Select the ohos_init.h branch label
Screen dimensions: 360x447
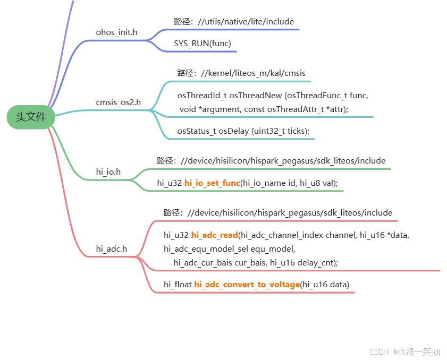[x=116, y=32]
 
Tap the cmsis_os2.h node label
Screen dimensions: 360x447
[x=118, y=102]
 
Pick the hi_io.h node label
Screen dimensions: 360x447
[x=108, y=171]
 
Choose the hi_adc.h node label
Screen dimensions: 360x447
[x=111, y=248]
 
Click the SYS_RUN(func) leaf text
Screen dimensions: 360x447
[x=203, y=43]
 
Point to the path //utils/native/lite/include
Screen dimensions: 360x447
[x=246, y=22]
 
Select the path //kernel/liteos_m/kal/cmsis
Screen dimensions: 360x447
[x=257, y=73]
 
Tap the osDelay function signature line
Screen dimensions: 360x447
[x=243, y=131]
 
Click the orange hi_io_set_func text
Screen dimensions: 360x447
[x=212, y=183]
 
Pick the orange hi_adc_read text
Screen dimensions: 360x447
[x=214, y=235]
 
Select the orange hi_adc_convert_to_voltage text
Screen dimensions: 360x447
[x=247, y=285]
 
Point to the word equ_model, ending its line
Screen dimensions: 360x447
[x=276, y=248]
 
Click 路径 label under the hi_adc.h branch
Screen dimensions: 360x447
[x=173, y=212]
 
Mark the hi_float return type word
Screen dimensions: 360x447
[x=178, y=285]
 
